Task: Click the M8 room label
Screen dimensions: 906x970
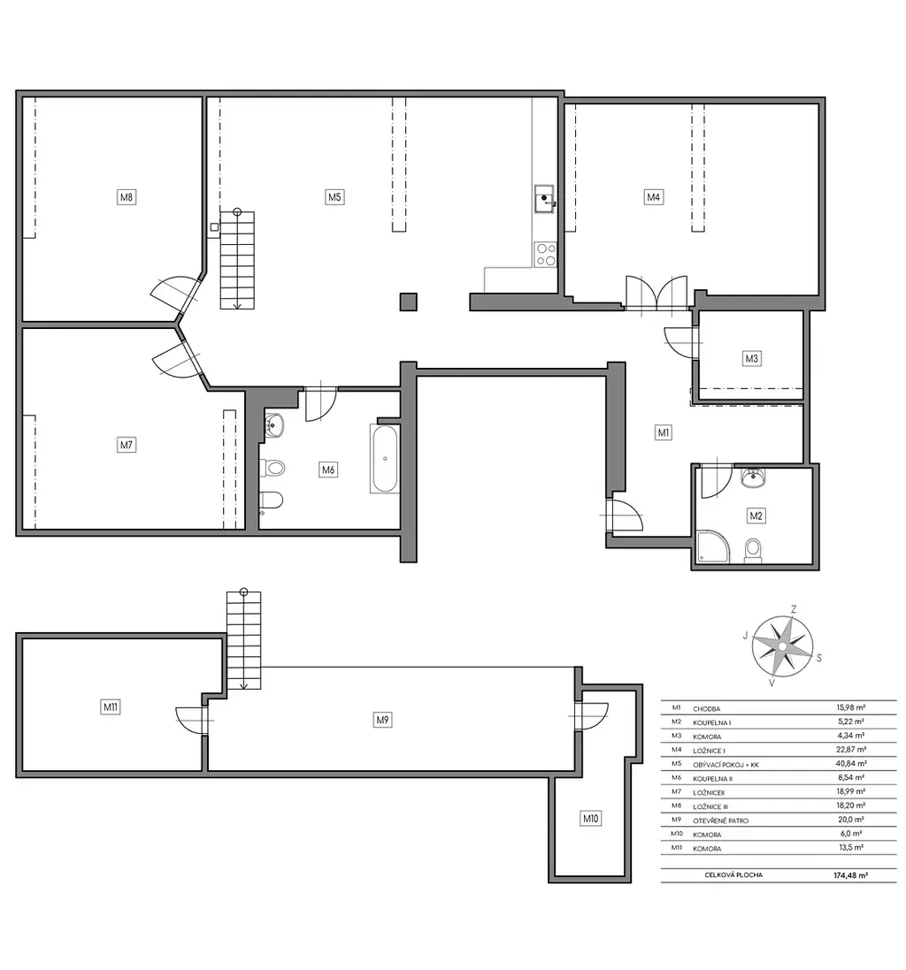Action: tap(127, 197)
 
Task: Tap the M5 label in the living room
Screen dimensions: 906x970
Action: tap(334, 196)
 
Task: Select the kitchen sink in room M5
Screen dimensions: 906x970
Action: tap(545, 199)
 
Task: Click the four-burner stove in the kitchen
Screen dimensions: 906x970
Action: tap(546, 255)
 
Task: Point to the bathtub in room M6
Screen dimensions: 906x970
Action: tap(385, 458)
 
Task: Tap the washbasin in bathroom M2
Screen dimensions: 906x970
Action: tap(753, 477)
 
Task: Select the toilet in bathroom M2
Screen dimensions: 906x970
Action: tap(753, 550)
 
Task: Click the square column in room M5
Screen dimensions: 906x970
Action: tap(408, 302)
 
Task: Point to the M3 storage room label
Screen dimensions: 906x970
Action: tap(751, 358)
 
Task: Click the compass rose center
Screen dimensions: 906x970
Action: tap(782, 646)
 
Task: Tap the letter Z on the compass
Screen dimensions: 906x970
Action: tap(794, 609)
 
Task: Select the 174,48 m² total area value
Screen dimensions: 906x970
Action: tap(850, 875)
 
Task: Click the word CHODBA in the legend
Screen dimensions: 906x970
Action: tap(707, 709)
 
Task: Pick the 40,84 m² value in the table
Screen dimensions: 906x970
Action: tap(851, 763)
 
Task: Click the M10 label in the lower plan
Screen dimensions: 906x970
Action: tap(591, 819)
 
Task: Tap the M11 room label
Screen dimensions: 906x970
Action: tap(111, 707)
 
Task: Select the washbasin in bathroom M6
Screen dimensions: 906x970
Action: tap(273, 425)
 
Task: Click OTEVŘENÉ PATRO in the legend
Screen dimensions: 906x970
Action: tap(721, 821)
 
